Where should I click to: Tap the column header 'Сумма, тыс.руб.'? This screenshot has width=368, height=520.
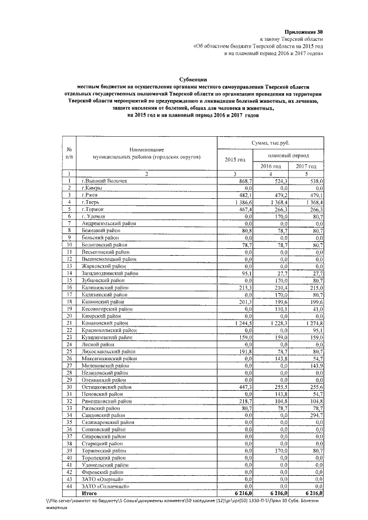coord(270,142)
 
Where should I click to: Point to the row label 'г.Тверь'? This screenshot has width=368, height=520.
coord(92,202)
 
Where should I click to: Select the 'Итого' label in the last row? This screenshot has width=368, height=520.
coord(89,493)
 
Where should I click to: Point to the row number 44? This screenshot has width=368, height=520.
coord(69,486)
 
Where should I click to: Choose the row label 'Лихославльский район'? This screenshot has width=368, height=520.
coord(109,352)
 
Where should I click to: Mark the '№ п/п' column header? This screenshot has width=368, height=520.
coord(69,152)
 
